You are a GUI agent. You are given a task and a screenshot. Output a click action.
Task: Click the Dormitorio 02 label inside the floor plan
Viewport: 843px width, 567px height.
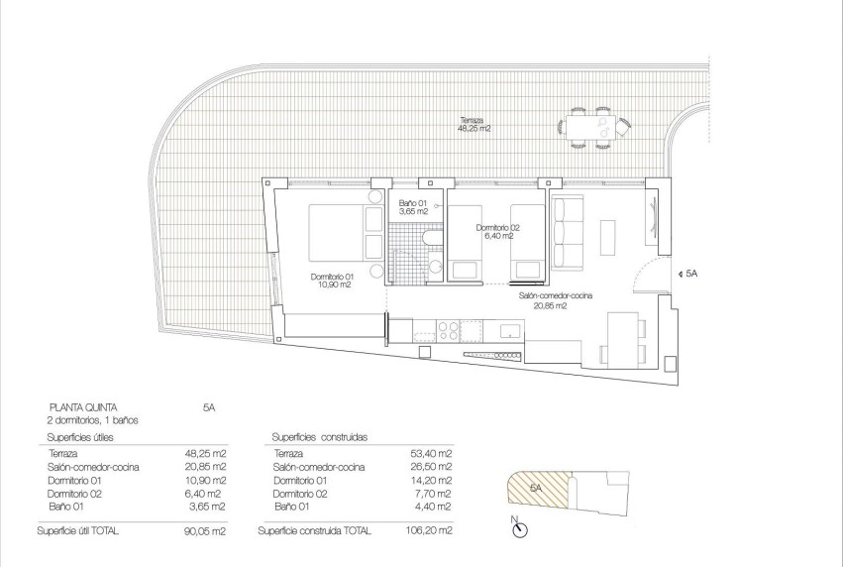498,231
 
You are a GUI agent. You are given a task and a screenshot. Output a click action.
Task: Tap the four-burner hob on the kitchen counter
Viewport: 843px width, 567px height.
449,331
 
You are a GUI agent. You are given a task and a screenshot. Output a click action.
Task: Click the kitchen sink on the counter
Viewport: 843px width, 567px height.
509,331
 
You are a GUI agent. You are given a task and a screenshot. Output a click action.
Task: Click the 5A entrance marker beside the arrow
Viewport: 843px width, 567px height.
690,273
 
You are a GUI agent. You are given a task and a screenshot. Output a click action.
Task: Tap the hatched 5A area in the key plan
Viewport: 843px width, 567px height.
535,490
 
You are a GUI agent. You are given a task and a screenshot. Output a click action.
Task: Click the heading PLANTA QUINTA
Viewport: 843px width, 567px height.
84,406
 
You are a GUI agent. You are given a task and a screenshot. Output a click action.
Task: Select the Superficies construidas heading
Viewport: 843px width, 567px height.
319,436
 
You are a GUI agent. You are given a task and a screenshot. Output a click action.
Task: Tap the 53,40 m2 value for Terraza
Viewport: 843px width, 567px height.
433,453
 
